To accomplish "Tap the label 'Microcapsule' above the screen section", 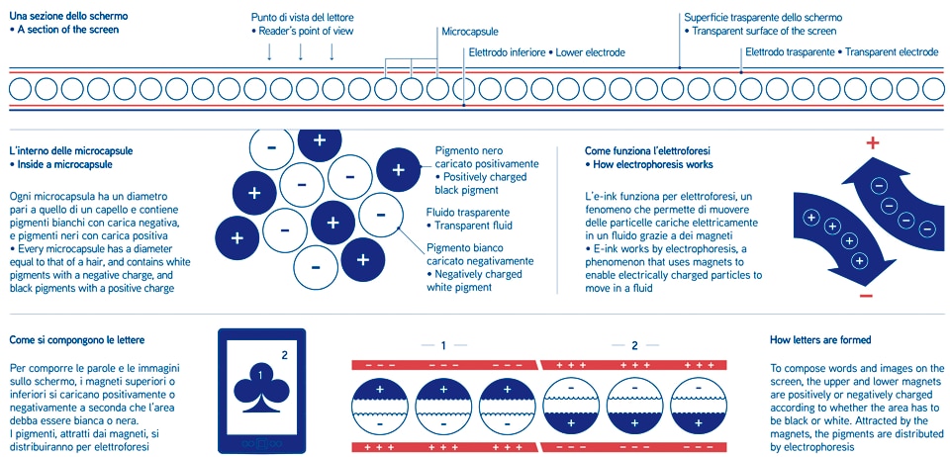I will pyautogui.click(x=471, y=32).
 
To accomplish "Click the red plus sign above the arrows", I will pyautogui.click(x=872, y=143).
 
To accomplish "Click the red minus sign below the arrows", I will pyautogui.click(x=866, y=296).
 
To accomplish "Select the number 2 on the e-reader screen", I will pyautogui.click(x=285, y=353).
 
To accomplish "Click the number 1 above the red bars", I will pyautogui.click(x=443, y=345).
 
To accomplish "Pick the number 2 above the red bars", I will pyautogui.click(x=634, y=345).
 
